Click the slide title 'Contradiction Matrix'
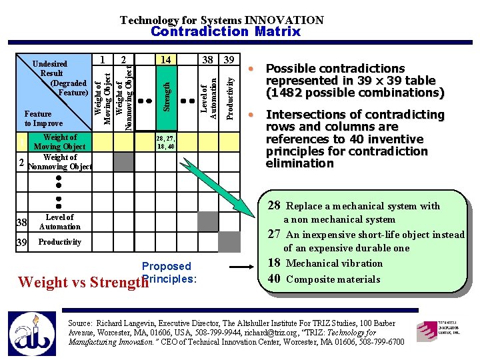click(225, 31)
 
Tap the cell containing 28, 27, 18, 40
click(165, 142)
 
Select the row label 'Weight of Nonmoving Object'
click(60, 162)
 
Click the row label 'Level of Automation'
click(59, 222)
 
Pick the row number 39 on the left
click(23, 242)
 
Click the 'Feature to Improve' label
click(43, 119)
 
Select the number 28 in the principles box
click(274, 206)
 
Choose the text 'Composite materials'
click(333, 279)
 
